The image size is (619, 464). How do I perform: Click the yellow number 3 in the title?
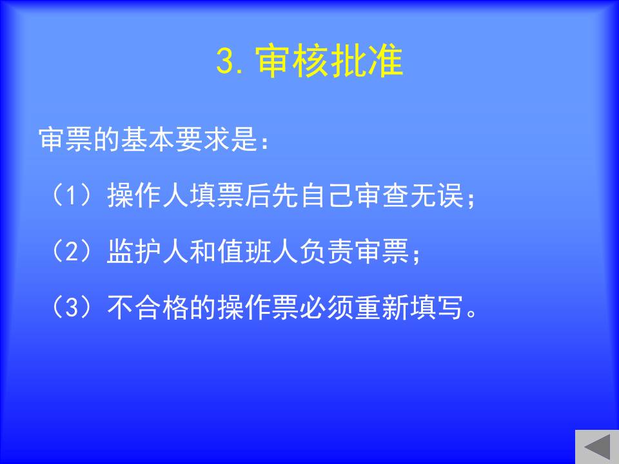(226, 61)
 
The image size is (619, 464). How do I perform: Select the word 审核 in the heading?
(293, 61)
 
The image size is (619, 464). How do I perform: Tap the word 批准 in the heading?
(367, 61)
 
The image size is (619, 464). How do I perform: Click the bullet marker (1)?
(72, 195)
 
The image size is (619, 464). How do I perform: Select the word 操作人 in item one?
(148, 195)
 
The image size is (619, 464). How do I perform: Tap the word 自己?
(327, 195)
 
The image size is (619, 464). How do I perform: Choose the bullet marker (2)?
(72, 251)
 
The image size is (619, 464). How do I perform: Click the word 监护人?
(148, 251)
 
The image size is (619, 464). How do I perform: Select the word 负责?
(327, 251)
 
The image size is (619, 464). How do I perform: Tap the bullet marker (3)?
(72, 307)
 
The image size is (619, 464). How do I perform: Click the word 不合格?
(148, 307)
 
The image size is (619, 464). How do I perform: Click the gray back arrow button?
(597, 447)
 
